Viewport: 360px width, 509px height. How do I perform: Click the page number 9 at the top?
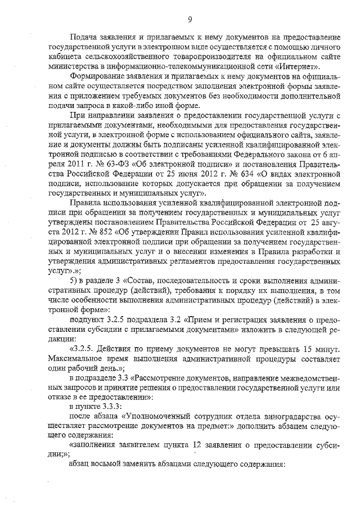coord(190,20)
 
